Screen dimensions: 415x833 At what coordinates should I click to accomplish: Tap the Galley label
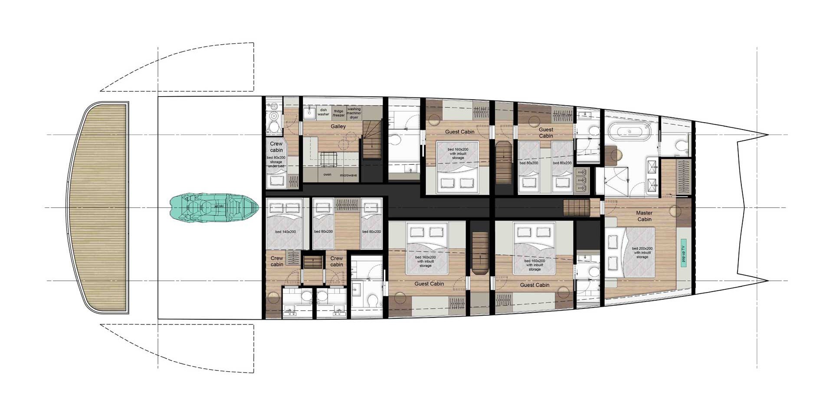[338, 126]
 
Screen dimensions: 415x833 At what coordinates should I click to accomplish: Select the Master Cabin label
[644, 216]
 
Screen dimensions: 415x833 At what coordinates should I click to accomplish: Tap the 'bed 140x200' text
[285, 232]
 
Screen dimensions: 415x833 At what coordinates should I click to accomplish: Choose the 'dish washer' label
[323, 112]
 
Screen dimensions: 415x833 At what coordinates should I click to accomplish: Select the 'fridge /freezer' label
[338, 113]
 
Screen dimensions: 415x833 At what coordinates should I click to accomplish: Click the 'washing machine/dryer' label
[354, 113]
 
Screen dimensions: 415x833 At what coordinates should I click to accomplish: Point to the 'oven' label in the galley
[327, 175]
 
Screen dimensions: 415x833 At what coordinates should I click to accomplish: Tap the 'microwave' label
[348, 175]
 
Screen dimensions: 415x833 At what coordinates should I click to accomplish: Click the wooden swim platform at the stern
[98, 208]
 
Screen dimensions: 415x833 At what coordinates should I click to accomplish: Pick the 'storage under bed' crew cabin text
[276, 162]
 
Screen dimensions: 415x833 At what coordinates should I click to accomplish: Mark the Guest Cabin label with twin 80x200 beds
[546, 133]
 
